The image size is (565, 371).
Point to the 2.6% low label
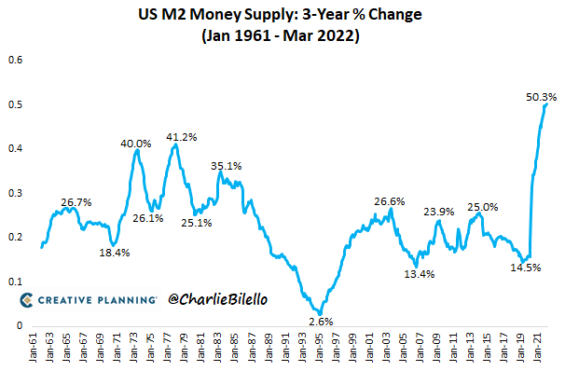[x=321, y=321]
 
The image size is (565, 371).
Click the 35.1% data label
[x=227, y=166]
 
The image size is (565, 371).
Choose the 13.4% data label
[x=418, y=274]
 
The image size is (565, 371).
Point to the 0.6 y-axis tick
[x=16, y=61]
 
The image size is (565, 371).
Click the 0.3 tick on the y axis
[x=16, y=193]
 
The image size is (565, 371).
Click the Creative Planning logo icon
[x=28, y=299]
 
